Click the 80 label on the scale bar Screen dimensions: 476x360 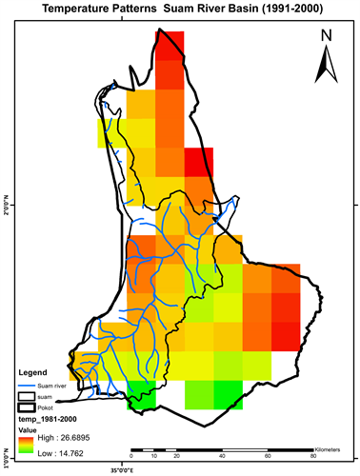314,457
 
